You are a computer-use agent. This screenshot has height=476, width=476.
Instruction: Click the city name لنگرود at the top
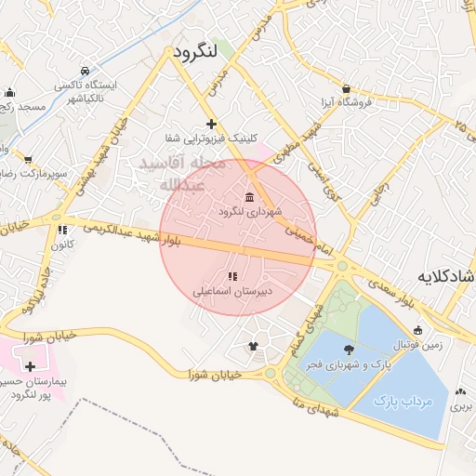194,52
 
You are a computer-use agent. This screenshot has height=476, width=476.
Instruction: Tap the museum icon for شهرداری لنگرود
249,196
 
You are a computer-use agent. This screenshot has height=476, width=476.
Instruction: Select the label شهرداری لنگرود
243,212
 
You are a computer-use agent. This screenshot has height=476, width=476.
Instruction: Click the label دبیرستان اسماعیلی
231,291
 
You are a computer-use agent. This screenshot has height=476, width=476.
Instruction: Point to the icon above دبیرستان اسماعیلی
231,276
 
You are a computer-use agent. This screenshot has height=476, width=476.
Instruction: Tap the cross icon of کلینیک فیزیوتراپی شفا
212,123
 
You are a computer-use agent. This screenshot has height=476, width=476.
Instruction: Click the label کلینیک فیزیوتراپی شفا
210,138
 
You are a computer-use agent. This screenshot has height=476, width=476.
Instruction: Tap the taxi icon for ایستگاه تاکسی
86,71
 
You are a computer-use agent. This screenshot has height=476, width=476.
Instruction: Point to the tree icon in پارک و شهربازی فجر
349,350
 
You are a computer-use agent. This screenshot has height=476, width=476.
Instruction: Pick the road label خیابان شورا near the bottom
213,374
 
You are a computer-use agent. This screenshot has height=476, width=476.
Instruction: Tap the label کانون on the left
61,245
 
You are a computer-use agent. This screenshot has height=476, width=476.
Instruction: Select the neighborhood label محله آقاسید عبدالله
182,174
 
